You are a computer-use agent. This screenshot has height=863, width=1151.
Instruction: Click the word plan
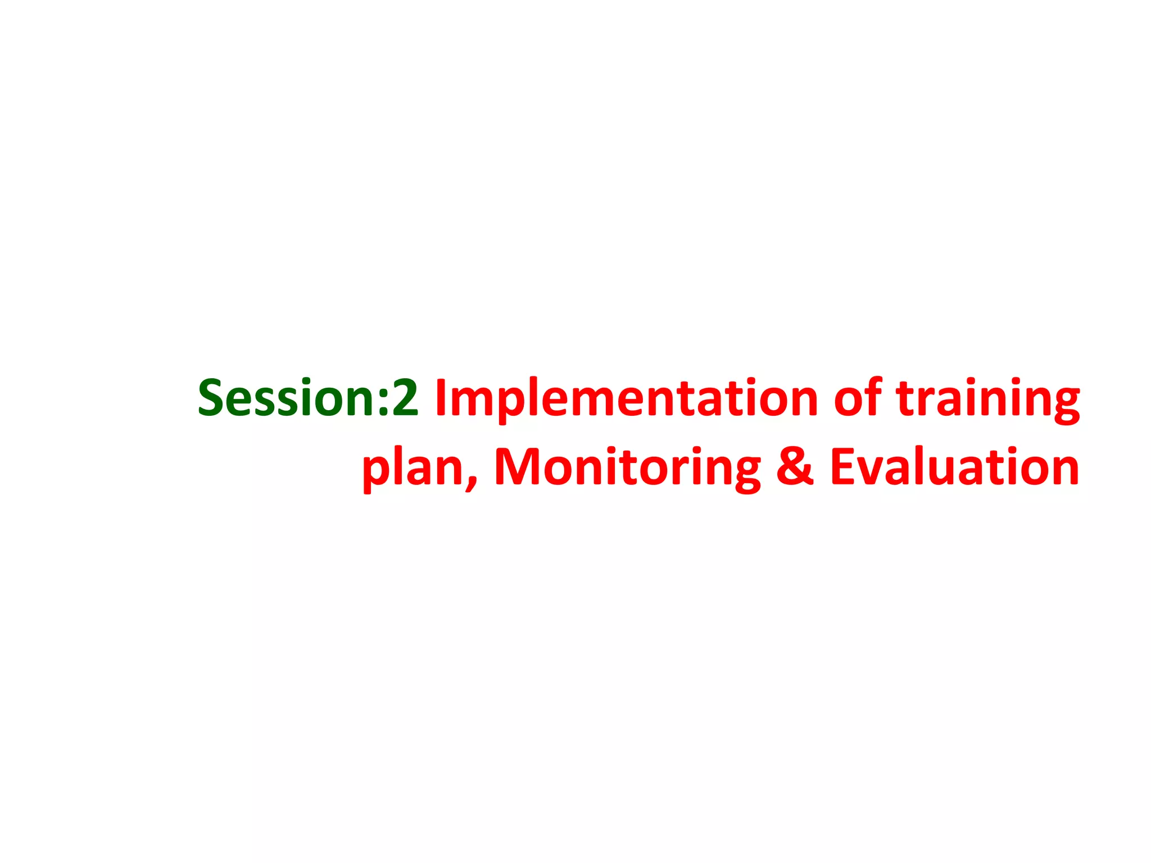pos(413,468)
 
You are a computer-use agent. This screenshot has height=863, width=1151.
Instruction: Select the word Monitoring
pos(627,468)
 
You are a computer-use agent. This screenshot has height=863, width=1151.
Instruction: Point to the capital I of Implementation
pos(441,398)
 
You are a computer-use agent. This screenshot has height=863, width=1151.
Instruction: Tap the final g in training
pos(1063,405)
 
